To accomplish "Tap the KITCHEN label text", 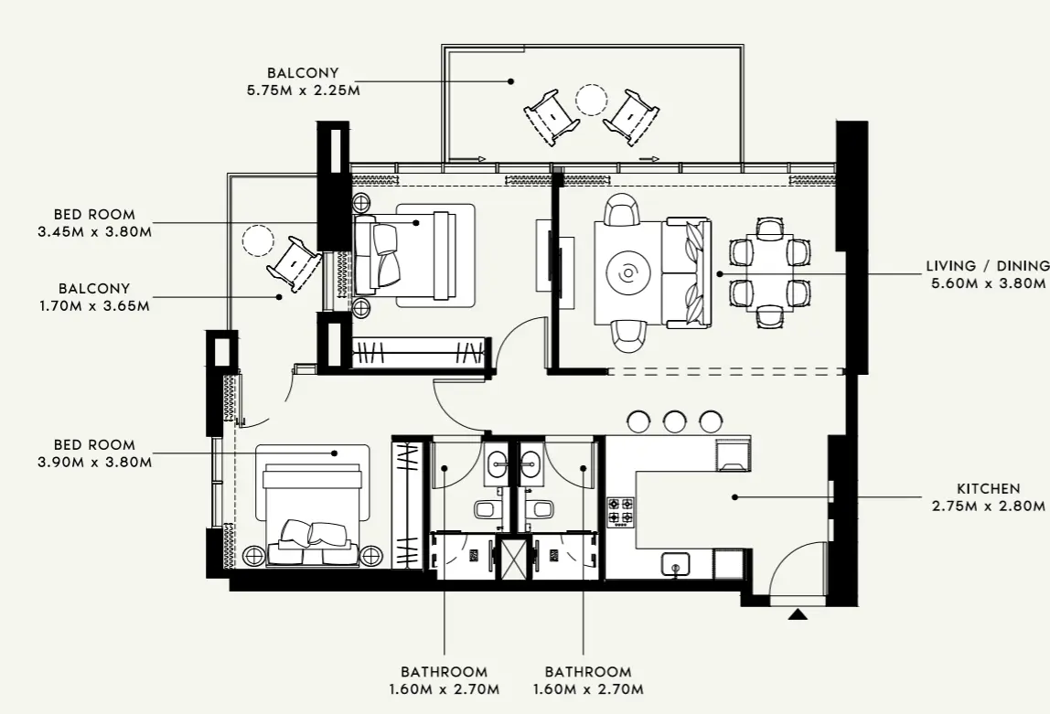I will point(988,489).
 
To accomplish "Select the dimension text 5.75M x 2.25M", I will point(303,90).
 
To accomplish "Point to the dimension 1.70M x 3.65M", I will point(94,305).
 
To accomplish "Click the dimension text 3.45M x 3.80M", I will point(94,232).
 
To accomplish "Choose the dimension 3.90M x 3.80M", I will point(94,462).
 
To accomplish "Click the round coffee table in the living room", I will point(628,272).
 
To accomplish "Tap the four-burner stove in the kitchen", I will point(621,511).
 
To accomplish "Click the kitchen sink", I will point(674,564).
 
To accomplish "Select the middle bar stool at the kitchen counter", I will point(675,421).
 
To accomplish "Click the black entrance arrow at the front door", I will point(798,614).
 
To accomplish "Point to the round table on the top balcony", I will point(592,98).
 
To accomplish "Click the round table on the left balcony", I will point(258,240).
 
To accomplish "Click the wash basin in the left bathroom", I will point(498,464).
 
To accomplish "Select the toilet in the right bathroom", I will point(541,509).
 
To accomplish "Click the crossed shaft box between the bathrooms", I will point(514,558).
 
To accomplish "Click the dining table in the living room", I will point(769,272).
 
